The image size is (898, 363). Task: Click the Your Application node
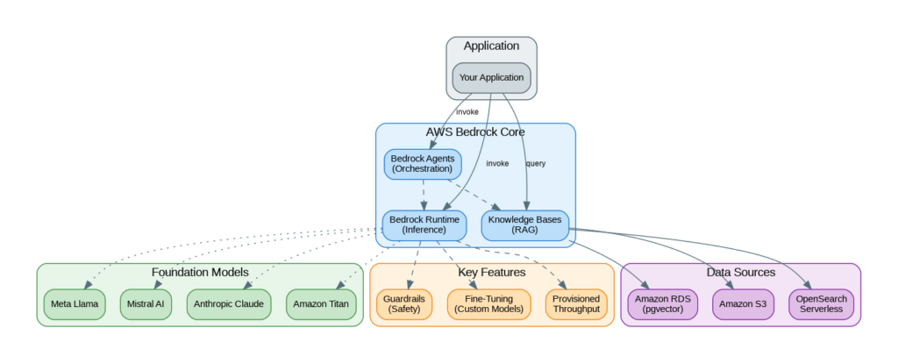491,77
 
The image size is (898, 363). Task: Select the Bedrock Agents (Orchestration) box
422,163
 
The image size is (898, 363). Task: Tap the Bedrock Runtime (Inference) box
424,224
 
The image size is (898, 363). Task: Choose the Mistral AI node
147,303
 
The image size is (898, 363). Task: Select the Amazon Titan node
322,303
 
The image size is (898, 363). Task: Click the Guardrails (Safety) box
404,303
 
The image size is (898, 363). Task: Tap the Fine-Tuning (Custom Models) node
488,303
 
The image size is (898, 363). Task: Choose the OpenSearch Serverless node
821,303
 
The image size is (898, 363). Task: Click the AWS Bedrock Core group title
475,132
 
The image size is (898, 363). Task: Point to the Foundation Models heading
200,273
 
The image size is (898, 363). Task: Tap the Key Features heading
492,273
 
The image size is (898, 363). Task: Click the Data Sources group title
740,273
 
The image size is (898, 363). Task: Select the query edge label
535,164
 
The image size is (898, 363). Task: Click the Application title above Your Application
491,46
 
